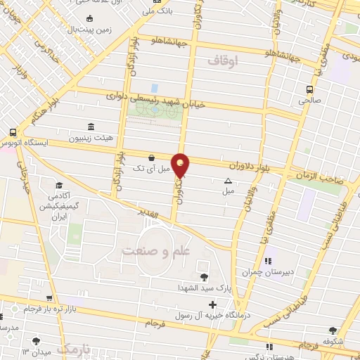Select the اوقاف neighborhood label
224,61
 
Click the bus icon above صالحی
309,89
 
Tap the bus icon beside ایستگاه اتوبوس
13,133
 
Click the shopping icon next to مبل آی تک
152,159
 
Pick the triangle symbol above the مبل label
228,181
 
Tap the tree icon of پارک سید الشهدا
204,277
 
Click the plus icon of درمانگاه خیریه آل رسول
213,304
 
